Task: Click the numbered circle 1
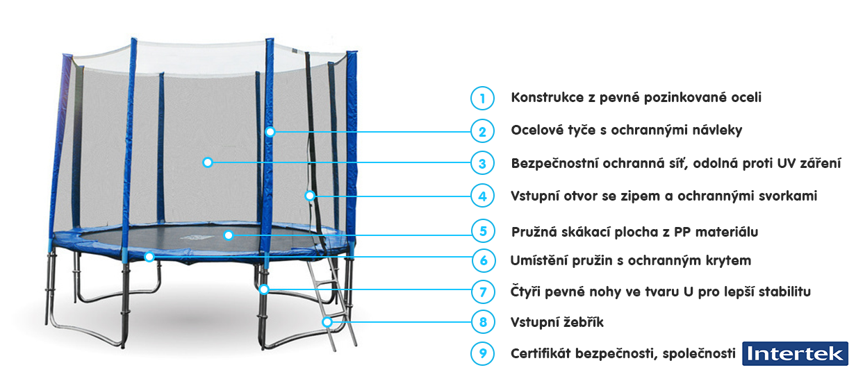point(482,98)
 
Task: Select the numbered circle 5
point(484,231)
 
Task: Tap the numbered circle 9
point(483,353)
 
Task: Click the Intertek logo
point(796,353)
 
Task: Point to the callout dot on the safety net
point(208,162)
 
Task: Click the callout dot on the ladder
point(327,322)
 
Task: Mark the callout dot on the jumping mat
point(229,235)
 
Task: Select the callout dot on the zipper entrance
point(310,196)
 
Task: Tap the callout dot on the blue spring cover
point(149,256)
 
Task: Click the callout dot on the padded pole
point(270,132)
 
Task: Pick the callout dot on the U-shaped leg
point(264,289)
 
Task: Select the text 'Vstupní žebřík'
point(557,322)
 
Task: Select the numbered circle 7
point(484,292)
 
